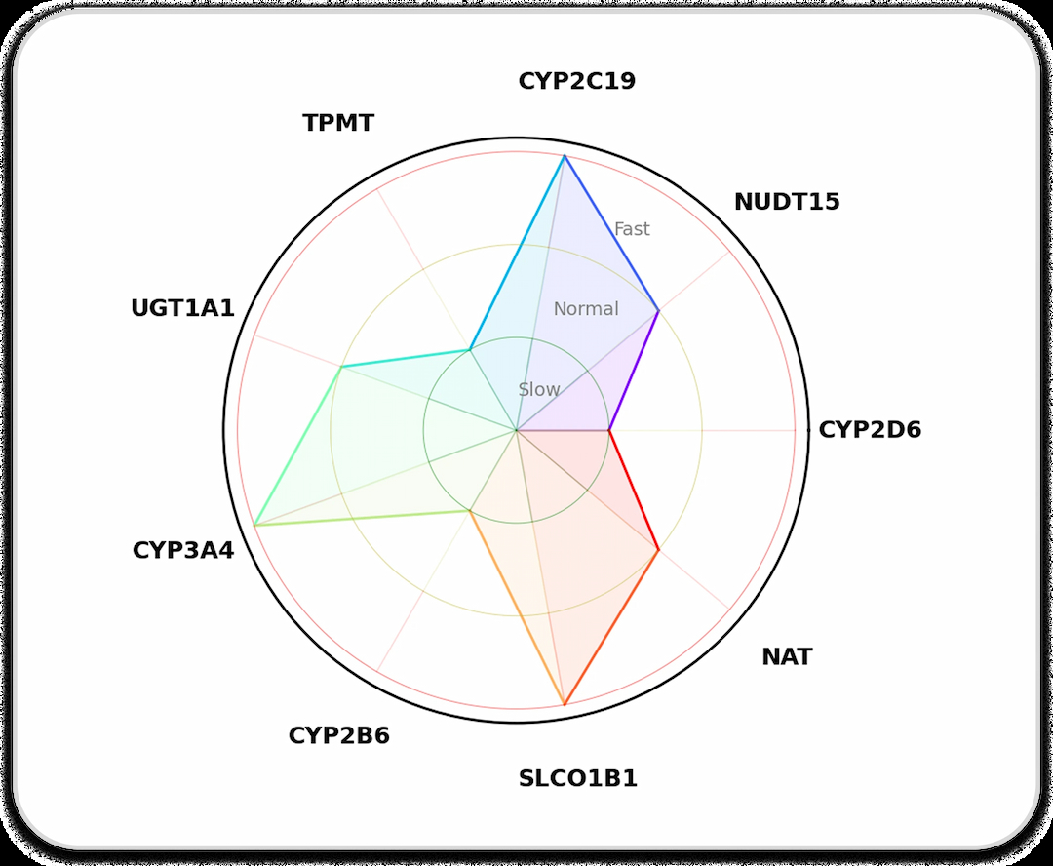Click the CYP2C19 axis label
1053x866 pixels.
pyautogui.click(x=576, y=81)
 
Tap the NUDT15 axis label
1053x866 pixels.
pyautogui.click(x=787, y=202)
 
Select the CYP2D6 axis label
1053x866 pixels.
pyautogui.click(x=870, y=430)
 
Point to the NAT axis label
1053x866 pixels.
pyautogui.click(x=787, y=657)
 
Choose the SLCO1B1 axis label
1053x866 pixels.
pyautogui.click(x=577, y=779)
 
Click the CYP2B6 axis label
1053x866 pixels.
pyautogui.click(x=338, y=735)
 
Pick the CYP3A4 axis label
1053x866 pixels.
pyautogui.click(x=183, y=550)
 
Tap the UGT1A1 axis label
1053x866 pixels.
pyautogui.click(x=182, y=309)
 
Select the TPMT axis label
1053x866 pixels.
pyautogui.click(x=338, y=124)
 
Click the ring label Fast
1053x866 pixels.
pyautogui.click(x=632, y=229)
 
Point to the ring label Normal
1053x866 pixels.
pyautogui.click(x=586, y=309)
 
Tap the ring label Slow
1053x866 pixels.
pyautogui.click(x=539, y=389)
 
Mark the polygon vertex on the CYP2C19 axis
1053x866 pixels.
pyautogui.click(x=565, y=156)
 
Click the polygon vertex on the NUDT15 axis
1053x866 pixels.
pyautogui.click(x=658, y=311)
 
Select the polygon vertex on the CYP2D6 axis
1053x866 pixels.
pyautogui.click(x=609, y=430)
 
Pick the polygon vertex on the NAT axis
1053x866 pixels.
pyautogui.click(x=658, y=550)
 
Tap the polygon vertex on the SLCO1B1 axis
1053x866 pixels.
pyautogui.click(x=565, y=704)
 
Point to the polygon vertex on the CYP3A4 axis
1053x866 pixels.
pyautogui.click(x=254, y=526)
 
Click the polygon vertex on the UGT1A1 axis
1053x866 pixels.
pyautogui.click(x=341, y=367)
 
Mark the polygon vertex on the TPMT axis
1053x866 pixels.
pyautogui.click(x=470, y=349)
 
